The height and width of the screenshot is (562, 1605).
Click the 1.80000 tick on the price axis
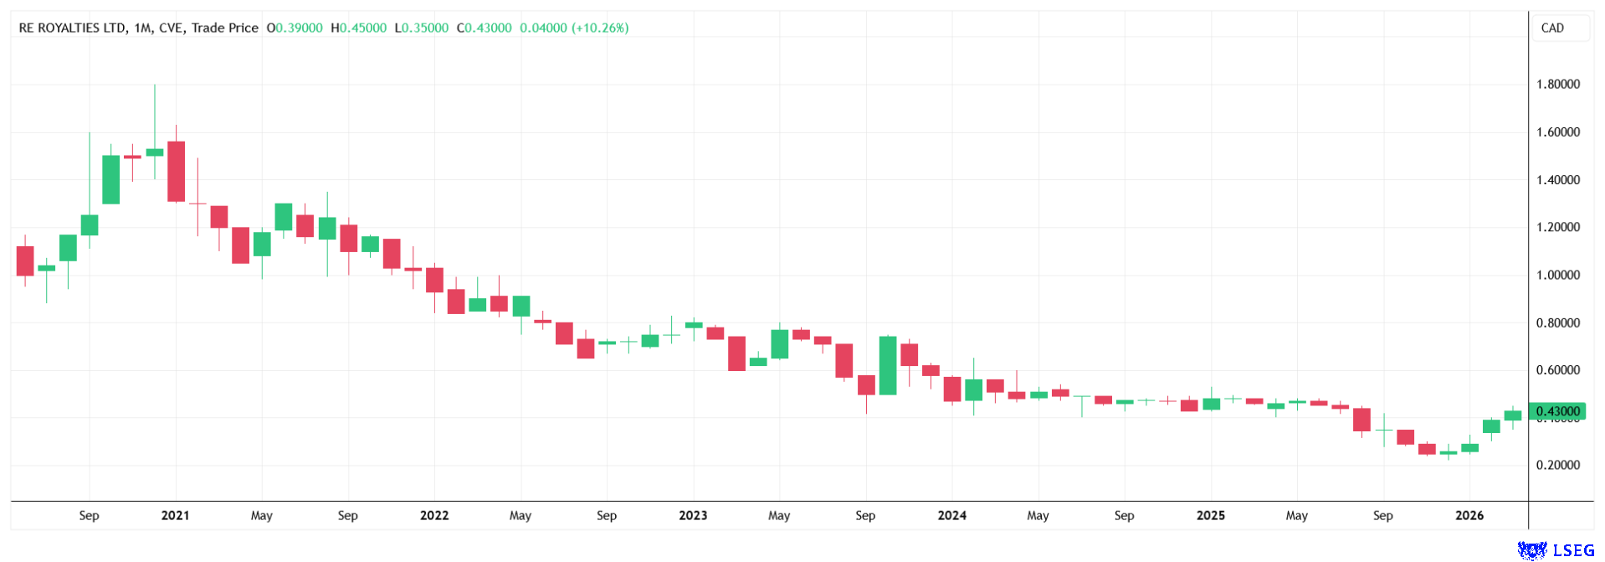(x=1557, y=85)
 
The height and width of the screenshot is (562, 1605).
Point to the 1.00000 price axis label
(x=1557, y=276)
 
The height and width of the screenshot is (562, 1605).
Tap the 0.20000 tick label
(x=1557, y=466)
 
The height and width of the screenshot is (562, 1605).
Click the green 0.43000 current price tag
(x=1557, y=411)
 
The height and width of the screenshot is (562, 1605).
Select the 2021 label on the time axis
(x=175, y=516)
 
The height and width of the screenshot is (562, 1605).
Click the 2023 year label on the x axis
(x=693, y=516)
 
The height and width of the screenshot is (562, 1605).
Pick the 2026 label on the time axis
(x=1469, y=516)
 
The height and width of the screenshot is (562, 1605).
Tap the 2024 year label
(x=951, y=516)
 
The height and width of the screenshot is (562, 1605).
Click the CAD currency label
(x=1552, y=28)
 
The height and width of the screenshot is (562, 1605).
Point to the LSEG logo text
(x=1573, y=550)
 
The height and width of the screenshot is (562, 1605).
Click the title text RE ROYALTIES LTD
(x=72, y=28)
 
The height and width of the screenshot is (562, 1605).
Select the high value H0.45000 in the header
(x=358, y=28)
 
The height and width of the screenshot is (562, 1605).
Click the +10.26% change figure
(x=600, y=28)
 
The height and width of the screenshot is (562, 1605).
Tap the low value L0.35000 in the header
(x=421, y=28)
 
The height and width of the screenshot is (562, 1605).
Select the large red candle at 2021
(x=176, y=172)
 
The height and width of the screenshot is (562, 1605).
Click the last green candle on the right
(x=1512, y=415)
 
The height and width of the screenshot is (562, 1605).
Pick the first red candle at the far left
(x=25, y=261)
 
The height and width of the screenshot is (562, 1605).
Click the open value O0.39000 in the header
(x=295, y=28)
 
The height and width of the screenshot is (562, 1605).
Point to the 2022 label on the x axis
(x=434, y=516)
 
